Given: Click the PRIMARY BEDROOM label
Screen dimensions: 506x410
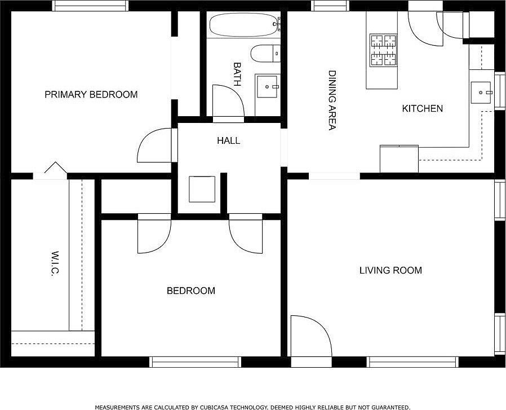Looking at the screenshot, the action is click(91, 94).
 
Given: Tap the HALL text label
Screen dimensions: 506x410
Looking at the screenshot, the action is click(228, 140).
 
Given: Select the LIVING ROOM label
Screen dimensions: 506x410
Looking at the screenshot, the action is click(390, 270).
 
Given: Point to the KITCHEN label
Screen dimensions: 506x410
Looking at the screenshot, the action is click(423, 108).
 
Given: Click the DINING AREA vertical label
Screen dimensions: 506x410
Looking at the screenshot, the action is click(332, 100).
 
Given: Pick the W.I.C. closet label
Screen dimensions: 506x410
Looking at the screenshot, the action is click(55, 263).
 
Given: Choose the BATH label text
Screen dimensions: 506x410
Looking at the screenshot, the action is click(237, 74).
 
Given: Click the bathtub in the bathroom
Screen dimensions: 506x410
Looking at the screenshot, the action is click(243, 25).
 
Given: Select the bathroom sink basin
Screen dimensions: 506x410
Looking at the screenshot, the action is click(267, 87).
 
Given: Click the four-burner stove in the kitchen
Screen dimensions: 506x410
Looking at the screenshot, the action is click(383, 50).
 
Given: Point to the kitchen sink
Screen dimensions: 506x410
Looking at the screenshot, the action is click(481, 92).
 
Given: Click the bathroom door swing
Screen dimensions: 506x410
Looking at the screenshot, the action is click(228, 101).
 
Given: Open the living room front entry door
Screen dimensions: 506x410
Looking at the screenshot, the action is click(311, 336).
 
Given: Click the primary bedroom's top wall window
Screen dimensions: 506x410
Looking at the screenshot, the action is click(90, 6).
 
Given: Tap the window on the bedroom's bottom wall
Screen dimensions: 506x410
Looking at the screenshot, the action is click(195, 362).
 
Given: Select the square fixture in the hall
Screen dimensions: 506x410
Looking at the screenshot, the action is click(202, 189).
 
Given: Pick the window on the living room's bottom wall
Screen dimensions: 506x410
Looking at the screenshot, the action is click(412, 362).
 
